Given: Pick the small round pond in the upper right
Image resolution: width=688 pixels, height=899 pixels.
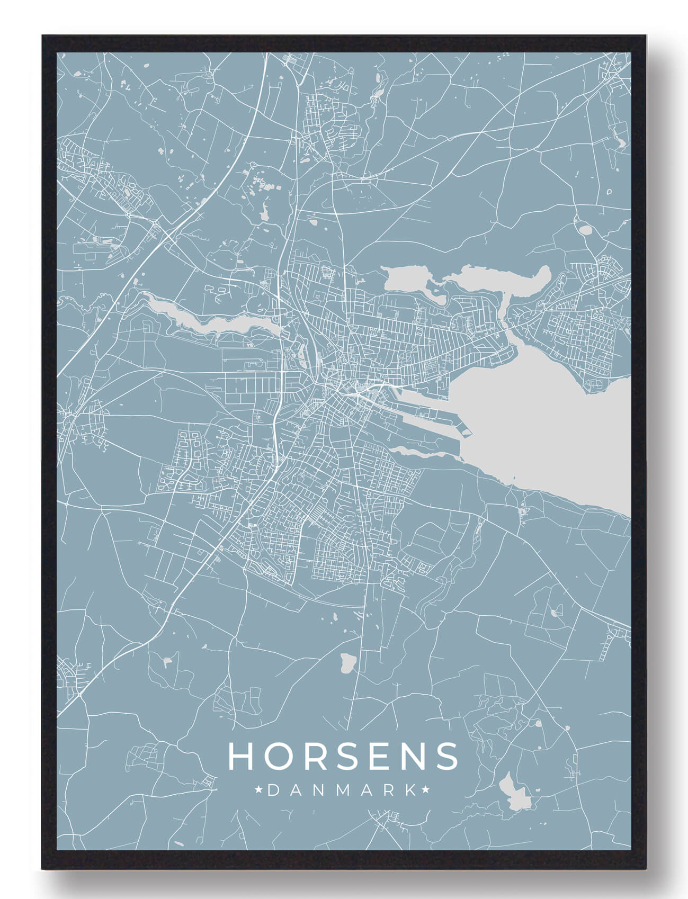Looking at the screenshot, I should (x=586, y=231).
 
